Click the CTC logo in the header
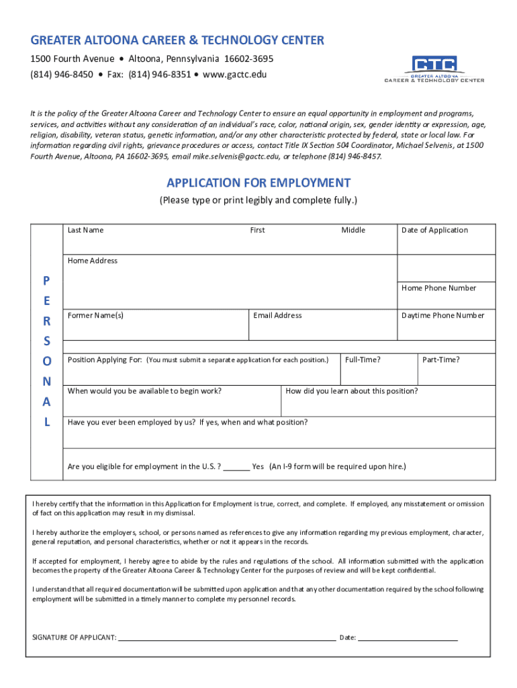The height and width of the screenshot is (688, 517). tap(434, 69)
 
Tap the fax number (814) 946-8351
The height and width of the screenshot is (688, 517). tap(160, 74)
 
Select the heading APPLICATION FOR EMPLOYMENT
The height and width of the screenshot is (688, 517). tap(258, 183)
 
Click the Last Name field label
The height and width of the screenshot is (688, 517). tap(85, 230)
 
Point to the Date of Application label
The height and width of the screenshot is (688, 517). tap(434, 230)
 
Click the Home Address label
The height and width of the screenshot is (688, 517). tap(93, 261)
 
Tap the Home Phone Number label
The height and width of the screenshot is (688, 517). tap(438, 288)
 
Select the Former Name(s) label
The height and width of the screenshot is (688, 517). tap(95, 316)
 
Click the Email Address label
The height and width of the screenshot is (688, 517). tap(277, 316)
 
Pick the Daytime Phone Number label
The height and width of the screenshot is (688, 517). tap(442, 316)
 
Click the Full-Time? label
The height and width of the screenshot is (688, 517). tap(363, 360)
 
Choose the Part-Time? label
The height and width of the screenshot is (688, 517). tap(441, 360)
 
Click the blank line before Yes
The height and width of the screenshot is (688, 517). tap(236, 468)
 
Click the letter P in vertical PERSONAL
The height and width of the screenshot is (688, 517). tap(46, 279)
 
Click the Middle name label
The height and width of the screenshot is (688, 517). tap(353, 230)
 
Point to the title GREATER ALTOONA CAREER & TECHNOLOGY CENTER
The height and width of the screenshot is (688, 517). tap(177, 40)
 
